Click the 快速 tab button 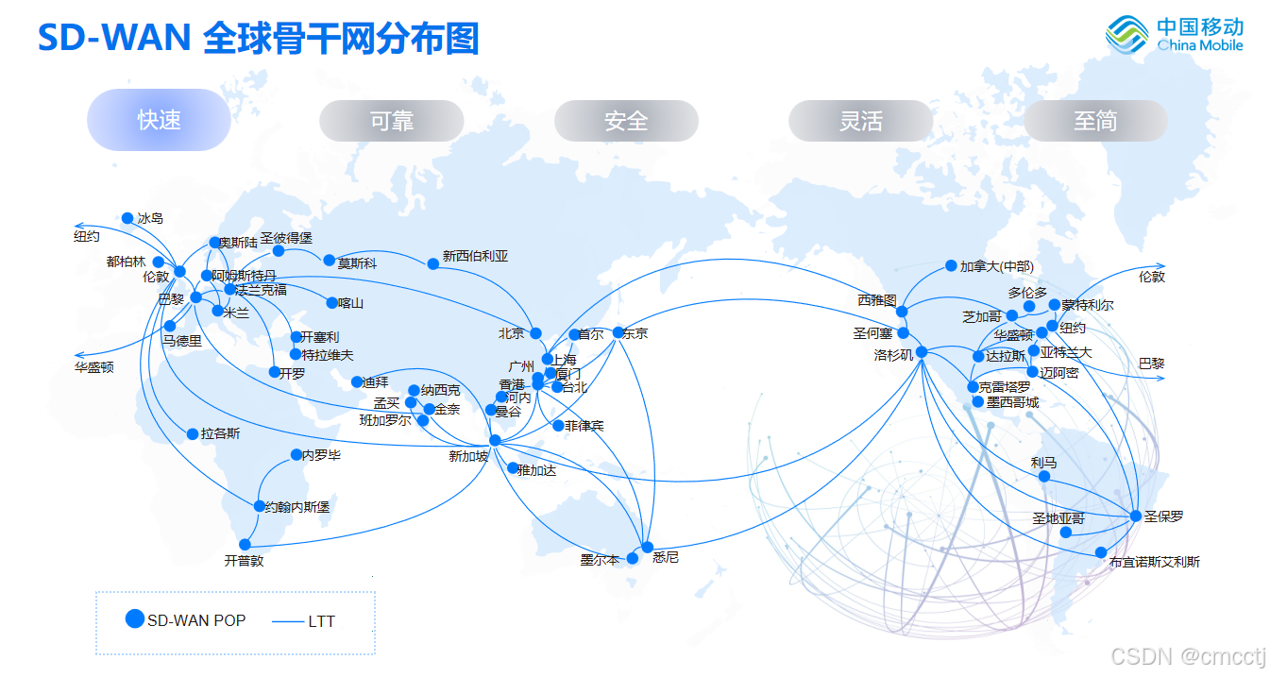pyautogui.click(x=159, y=120)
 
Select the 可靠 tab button pyautogui.click(x=392, y=121)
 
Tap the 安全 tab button pyautogui.click(x=626, y=121)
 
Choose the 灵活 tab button pyautogui.click(x=860, y=121)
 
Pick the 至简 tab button pyautogui.click(x=1095, y=121)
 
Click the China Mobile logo pyautogui.click(x=1175, y=36)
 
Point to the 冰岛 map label pyautogui.click(x=150, y=218)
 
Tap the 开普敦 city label pyautogui.click(x=244, y=561)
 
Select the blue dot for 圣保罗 pyautogui.click(x=1136, y=516)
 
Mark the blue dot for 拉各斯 pyautogui.click(x=192, y=434)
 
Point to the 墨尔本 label pyautogui.click(x=600, y=560)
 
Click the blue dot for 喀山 pyautogui.click(x=331, y=303)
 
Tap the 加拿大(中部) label pyautogui.click(x=996, y=266)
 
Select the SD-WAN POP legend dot pyautogui.click(x=135, y=619)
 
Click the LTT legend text pyautogui.click(x=321, y=621)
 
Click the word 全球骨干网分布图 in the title pyautogui.click(x=341, y=39)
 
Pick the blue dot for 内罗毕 pyautogui.click(x=296, y=455)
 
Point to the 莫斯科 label pyautogui.click(x=357, y=263)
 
